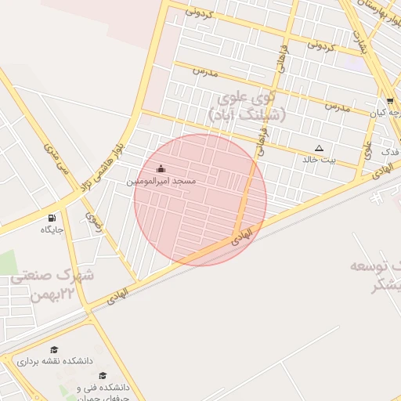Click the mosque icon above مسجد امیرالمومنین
161,168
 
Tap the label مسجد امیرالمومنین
161,181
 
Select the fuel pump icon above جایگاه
52,218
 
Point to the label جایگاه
52,229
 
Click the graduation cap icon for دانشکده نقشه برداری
54,349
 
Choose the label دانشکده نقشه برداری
56,361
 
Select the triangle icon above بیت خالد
319,148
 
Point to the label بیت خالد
319,160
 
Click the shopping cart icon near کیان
390,101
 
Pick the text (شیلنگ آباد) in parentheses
248,115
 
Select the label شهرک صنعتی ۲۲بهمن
61,285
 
